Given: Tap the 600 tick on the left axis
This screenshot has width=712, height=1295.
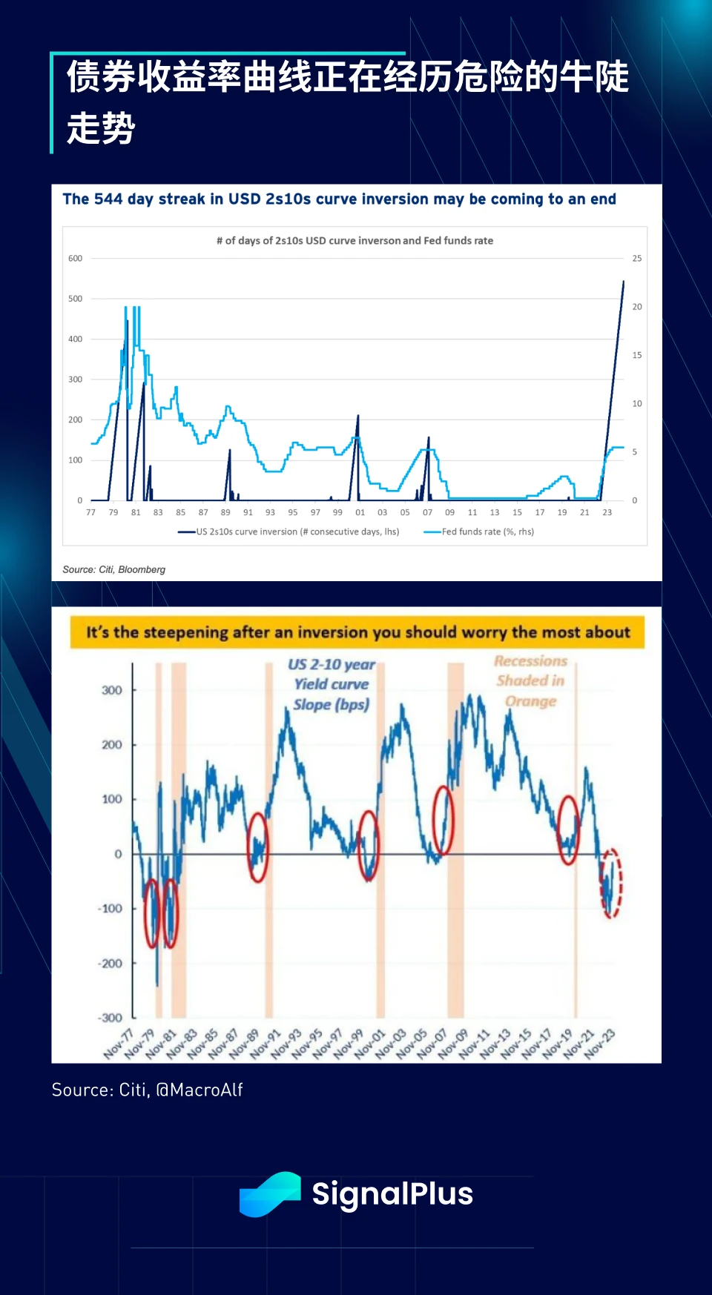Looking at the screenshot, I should point(76,259).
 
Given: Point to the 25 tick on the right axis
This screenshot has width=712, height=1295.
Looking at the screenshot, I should point(637,259).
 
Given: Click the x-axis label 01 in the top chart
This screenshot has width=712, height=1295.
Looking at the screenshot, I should point(360,512).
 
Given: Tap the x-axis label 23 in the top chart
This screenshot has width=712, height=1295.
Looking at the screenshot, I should point(607,512).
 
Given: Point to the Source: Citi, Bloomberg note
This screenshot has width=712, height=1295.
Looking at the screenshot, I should point(114,569).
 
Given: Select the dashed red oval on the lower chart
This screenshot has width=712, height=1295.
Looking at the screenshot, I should point(610,883).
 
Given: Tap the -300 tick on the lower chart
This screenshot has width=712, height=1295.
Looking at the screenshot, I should point(111,1018).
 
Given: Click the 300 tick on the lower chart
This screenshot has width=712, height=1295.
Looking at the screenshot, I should point(112,690).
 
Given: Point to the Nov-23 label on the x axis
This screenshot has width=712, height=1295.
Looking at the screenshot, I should point(599,1044).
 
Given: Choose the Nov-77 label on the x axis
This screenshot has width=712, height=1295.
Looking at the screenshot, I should point(119,1044).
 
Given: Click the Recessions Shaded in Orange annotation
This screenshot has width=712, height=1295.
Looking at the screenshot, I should point(531,680).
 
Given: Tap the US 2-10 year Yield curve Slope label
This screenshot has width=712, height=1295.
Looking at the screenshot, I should point(332,684).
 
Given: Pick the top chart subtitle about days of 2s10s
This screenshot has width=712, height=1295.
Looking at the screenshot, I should point(355,241).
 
